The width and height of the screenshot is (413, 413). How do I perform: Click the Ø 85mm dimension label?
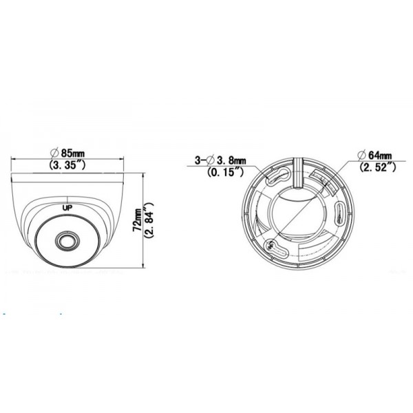coord(67,153)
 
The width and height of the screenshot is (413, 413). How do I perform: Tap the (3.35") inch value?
coord(67,165)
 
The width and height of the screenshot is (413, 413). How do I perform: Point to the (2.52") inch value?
coord(377,167)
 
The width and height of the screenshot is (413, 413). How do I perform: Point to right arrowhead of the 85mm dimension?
coord(125,159)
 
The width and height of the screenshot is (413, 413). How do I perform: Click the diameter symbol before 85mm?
coord(53,153)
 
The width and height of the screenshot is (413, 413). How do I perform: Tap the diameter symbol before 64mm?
coord(361,155)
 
